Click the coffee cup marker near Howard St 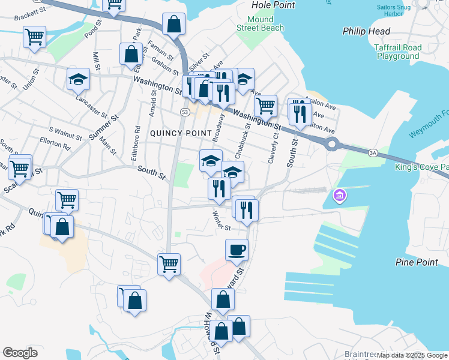point(237,250)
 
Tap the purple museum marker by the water point(339,196)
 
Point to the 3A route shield point(373,153)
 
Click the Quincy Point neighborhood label point(174,133)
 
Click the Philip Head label point(366,31)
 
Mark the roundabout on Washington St point(331,144)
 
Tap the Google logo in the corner point(20,353)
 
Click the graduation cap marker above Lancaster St point(78,79)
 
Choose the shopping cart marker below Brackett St point(34,37)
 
